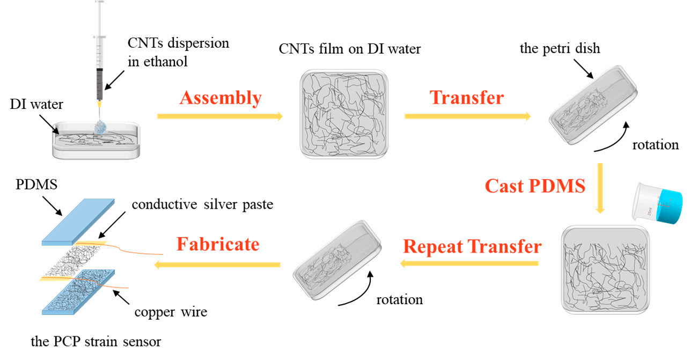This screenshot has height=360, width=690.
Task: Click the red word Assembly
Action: pos(221,98)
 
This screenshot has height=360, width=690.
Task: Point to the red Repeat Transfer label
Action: pos(472,246)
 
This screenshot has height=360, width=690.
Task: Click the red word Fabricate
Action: pos(218,245)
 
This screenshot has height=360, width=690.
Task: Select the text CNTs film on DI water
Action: pos(350,49)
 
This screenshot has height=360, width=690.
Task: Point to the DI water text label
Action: pos(36,105)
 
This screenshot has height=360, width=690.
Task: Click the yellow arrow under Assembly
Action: pos(219,116)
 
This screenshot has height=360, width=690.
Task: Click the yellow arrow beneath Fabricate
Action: pos(218,264)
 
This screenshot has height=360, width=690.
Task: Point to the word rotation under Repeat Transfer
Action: pos(399,299)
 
